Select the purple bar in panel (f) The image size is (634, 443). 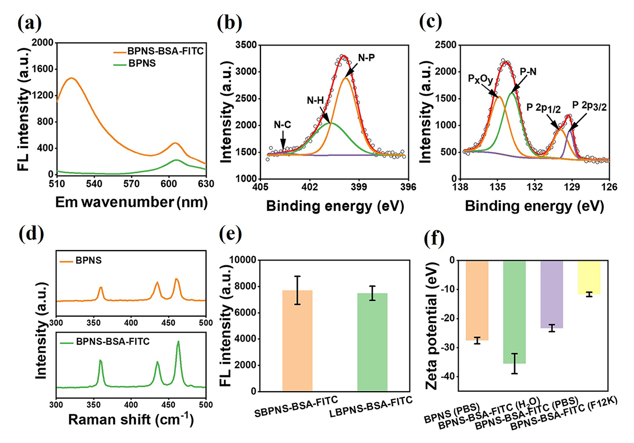[x=551, y=294]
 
